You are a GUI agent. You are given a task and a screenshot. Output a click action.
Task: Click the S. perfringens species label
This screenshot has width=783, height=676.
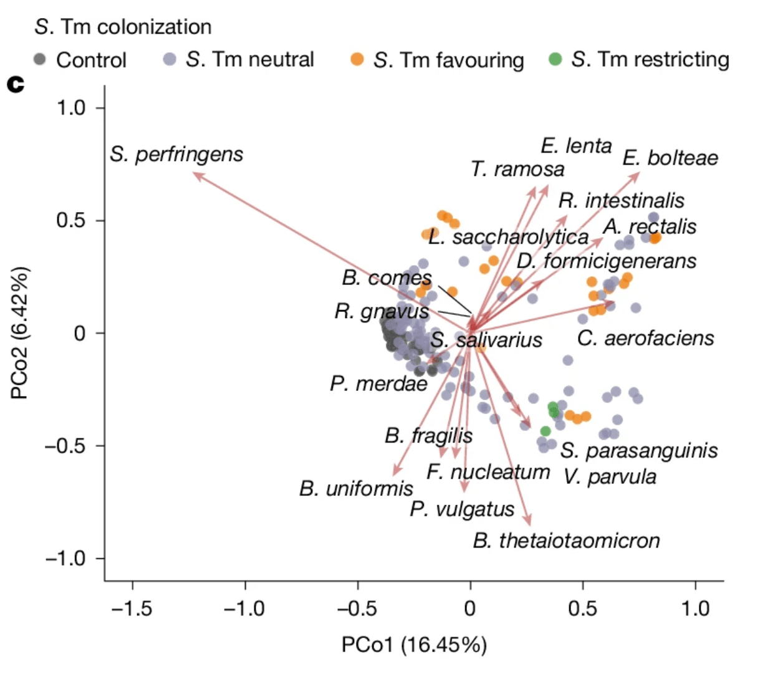[x=176, y=155]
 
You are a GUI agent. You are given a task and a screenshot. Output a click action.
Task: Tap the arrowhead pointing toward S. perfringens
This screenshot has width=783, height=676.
[x=196, y=175]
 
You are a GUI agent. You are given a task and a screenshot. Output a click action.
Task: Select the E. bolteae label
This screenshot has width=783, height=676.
[x=670, y=158]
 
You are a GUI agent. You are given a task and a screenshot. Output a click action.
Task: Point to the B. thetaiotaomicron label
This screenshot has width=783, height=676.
[x=566, y=541]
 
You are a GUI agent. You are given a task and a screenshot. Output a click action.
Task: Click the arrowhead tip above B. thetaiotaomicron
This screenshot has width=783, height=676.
[x=529, y=521]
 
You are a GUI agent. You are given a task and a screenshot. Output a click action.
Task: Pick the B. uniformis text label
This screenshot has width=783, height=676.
[x=356, y=488]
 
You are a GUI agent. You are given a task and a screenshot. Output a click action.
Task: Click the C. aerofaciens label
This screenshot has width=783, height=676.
[x=645, y=339]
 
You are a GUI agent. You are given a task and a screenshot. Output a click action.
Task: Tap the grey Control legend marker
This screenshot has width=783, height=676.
[x=40, y=60]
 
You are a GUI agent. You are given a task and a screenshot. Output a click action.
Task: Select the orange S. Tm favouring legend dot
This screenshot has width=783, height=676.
[x=357, y=60]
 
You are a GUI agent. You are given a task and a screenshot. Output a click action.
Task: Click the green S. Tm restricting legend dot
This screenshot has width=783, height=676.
[x=555, y=60]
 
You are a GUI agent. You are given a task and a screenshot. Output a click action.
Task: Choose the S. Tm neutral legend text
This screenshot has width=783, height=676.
[x=250, y=60]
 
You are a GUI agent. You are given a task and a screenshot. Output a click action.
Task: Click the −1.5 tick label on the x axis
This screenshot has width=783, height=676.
[x=132, y=608]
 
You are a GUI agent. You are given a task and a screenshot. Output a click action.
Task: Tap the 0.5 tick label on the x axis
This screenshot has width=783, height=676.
[x=582, y=608]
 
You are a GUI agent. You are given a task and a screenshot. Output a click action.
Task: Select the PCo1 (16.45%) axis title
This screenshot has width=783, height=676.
[x=414, y=645]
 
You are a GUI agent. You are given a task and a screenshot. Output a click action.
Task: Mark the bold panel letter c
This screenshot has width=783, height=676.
[x=16, y=84]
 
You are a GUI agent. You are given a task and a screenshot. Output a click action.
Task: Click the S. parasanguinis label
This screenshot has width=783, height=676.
[x=638, y=451]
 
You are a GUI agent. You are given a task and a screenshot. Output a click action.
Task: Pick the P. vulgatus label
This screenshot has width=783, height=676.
[x=462, y=509]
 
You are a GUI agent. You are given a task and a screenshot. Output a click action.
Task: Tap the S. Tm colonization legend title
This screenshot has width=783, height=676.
[x=123, y=27]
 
